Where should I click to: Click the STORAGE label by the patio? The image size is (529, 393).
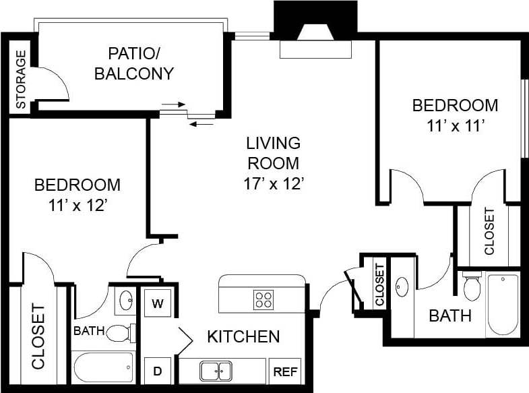[x=20, y=80]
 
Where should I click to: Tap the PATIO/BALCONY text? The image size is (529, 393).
[x=134, y=63]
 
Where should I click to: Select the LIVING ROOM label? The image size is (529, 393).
[x=273, y=153]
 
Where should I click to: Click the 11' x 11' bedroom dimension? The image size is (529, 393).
[x=455, y=125]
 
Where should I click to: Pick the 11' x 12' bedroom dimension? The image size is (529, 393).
[x=77, y=206]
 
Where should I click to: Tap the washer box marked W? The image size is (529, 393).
[x=158, y=303]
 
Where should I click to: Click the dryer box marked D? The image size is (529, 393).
[x=158, y=371]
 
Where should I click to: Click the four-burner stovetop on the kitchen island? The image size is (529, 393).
[x=263, y=299]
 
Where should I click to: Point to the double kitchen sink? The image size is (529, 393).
[x=216, y=371]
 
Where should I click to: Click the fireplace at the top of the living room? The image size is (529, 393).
[x=315, y=34]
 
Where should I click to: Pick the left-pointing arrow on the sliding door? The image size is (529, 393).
[x=201, y=123]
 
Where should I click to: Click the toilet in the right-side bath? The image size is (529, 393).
[x=472, y=286]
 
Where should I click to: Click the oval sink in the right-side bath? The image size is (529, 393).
[x=402, y=287]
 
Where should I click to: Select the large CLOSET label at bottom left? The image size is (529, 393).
[x=38, y=336]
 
